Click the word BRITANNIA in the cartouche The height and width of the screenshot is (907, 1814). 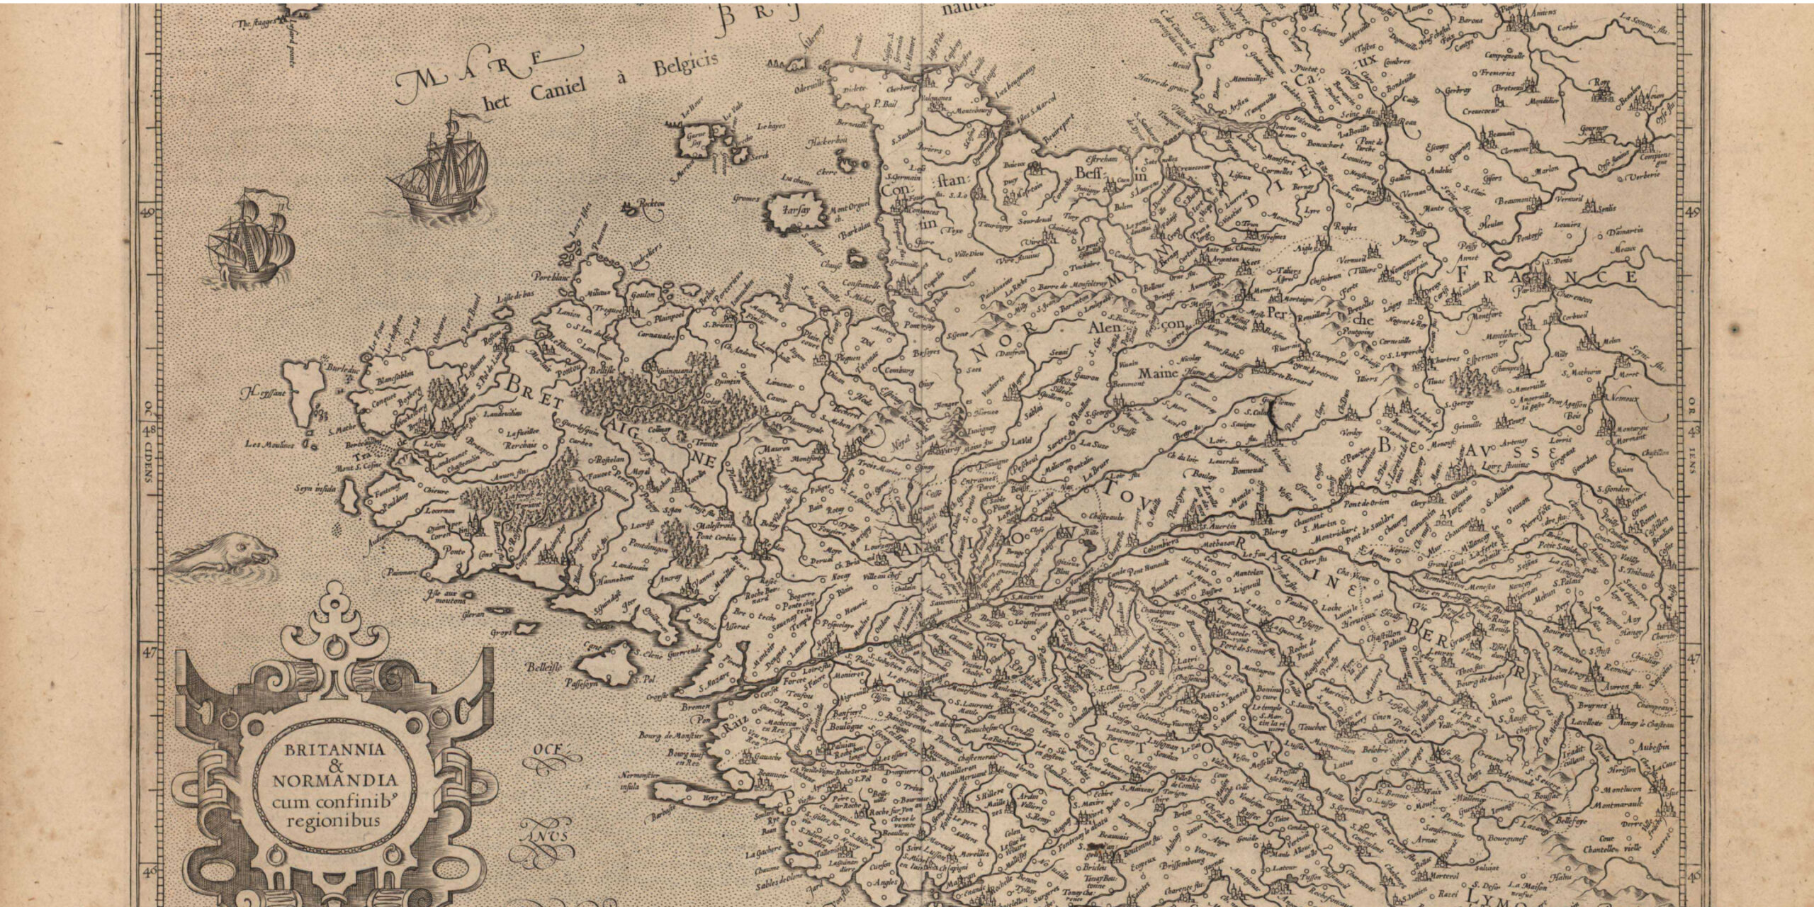(x=336, y=749)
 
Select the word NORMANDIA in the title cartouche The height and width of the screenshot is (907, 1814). (x=335, y=782)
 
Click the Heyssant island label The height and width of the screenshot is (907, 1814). (x=259, y=392)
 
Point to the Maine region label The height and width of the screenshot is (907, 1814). (x=1157, y=371)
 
